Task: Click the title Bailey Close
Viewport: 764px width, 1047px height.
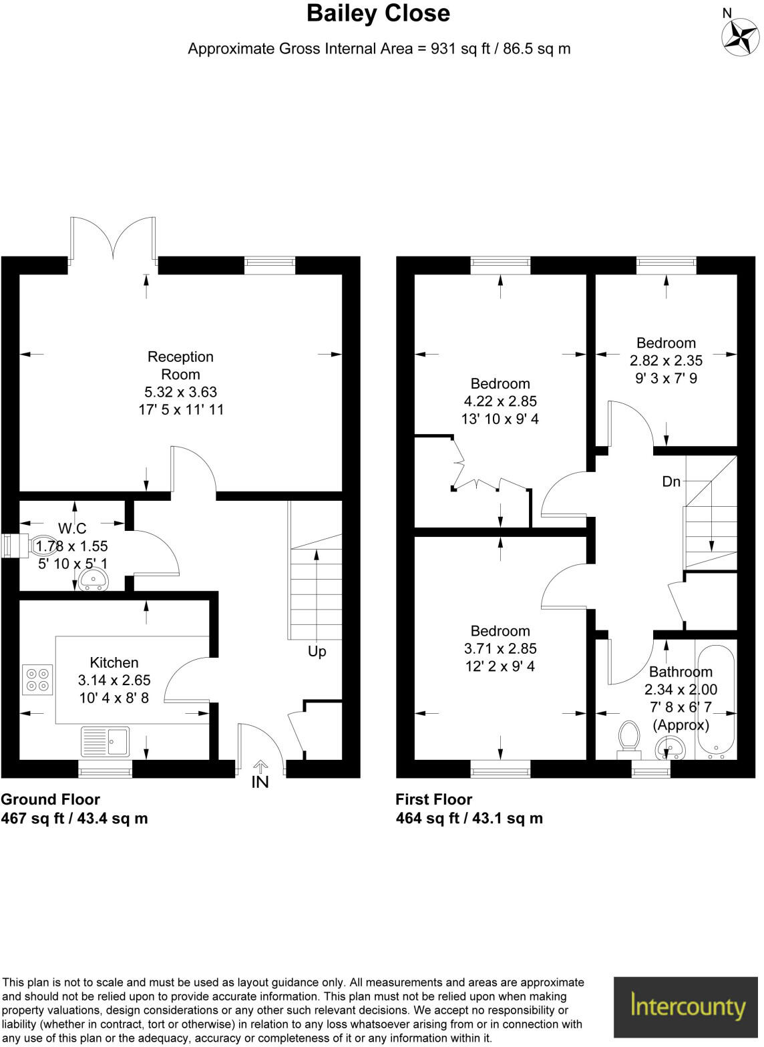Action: (378, 13)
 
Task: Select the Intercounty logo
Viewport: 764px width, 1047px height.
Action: (688, 1007)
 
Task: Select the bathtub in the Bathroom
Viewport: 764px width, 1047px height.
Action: (715, 700)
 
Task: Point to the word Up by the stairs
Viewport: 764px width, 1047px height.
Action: (317, 651)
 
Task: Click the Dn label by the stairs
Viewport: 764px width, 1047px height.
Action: (671, 481)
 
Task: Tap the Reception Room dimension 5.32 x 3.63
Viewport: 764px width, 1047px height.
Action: (180, 392)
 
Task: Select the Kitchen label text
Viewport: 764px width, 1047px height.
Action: (114, 662)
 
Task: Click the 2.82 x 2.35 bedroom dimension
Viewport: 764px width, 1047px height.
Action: (666, 361)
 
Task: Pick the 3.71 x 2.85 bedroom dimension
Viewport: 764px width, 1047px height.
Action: (500, 648)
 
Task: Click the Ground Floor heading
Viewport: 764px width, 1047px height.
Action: (51, 799)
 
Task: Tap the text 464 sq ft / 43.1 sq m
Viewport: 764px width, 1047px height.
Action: (469, 818)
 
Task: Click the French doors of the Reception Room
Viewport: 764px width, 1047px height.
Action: (114, 239)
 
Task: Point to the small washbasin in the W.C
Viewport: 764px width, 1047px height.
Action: (93, 579)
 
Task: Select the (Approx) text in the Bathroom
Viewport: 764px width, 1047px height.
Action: (681, 724)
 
